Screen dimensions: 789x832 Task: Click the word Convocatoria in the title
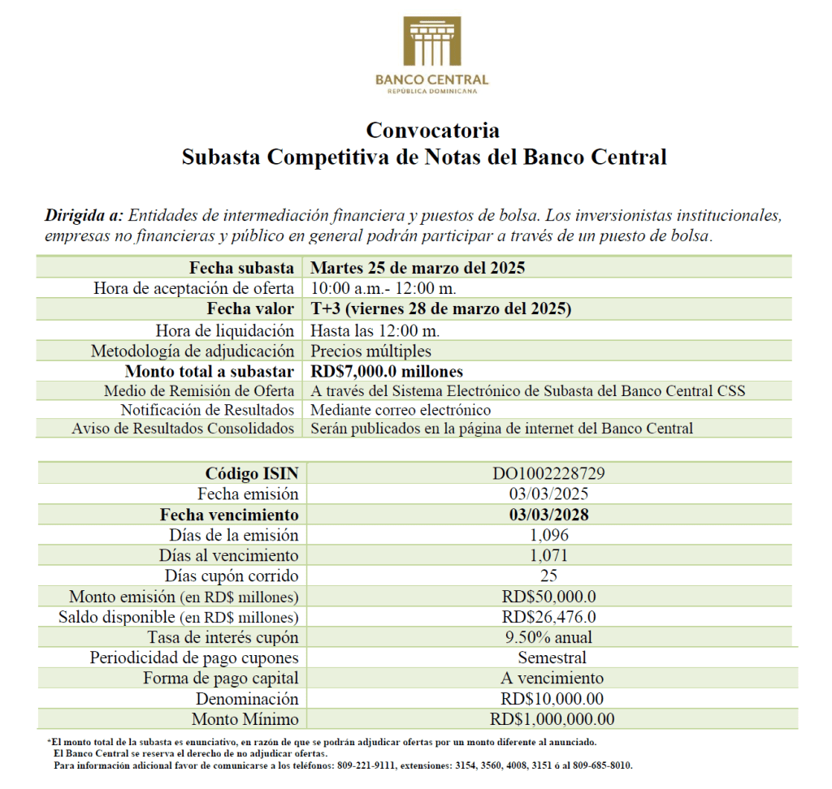coord(432,130)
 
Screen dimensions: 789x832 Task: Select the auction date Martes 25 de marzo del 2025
coord(418,268)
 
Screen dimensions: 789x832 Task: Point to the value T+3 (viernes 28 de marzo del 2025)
coord(441,309)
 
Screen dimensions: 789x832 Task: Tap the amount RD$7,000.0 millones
coord(387,371)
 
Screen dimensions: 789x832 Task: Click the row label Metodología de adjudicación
coord(192,351)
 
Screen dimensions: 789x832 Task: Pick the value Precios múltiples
coord(370,351)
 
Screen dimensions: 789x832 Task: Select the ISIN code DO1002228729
coord(548,473)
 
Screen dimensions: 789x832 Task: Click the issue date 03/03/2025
coord(548,494)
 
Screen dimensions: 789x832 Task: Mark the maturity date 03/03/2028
coord(548,515)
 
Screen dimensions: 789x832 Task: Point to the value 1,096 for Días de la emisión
coord(548,535)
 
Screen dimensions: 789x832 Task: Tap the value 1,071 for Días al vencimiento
coord(548,555)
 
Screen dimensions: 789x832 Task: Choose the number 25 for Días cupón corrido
coord(548,576)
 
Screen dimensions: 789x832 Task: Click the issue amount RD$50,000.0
coord(548,597)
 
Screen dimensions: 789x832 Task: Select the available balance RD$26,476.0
coord(548,617)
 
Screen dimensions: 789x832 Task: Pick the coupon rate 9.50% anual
coord(548,637)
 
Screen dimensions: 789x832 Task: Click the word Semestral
coord(552,657)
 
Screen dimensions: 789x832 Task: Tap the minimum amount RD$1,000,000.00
coord(552,719)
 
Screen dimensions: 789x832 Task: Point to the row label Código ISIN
coord(252,473)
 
